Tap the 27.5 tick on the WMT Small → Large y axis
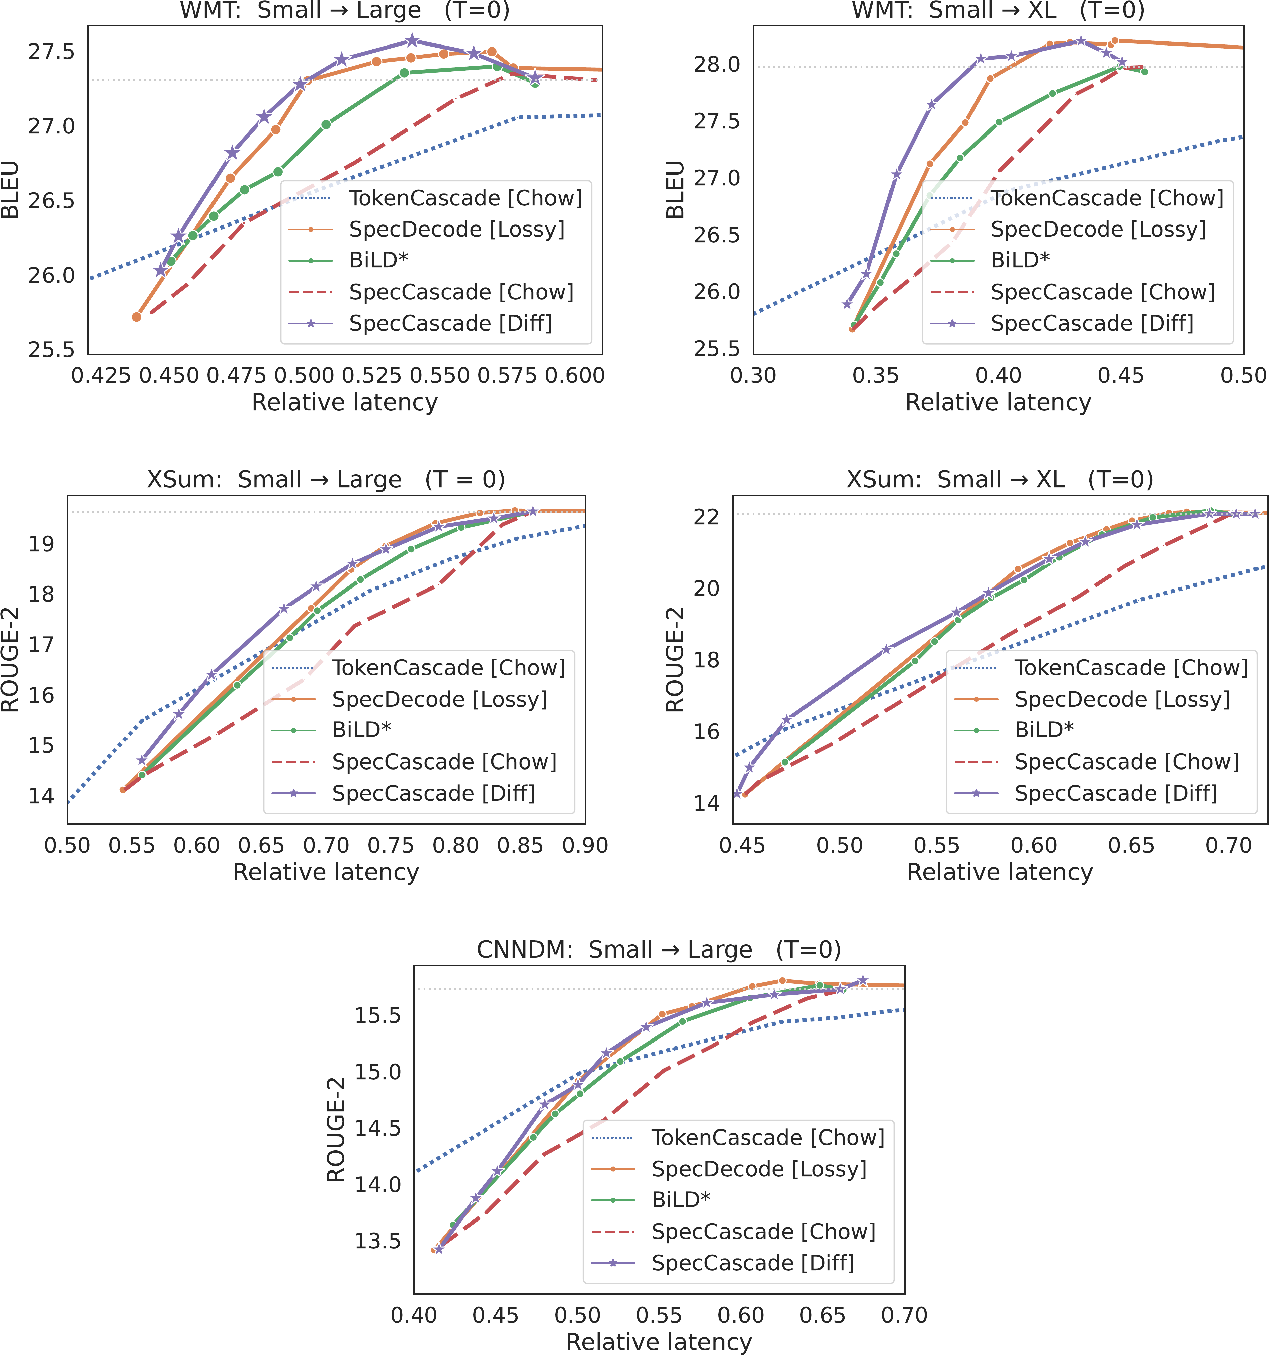pyautogui.click(x=51, y=52)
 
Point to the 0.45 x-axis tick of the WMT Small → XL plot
pyautogui.click(x=1121, y=375)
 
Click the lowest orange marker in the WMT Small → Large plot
pyautogui.click(x=137, y=317)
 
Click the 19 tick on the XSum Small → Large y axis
pyautogui.click(x=41, y=544)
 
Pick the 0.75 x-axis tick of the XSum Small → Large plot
pyautogui.click(x=391, y=846)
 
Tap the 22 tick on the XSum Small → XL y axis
pyautogui.click(x=706, y=517)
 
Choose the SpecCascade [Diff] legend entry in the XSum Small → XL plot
pyautogui.click(x=1115, y=793)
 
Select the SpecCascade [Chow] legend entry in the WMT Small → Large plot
pyautogui.click(x=461, y=292)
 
